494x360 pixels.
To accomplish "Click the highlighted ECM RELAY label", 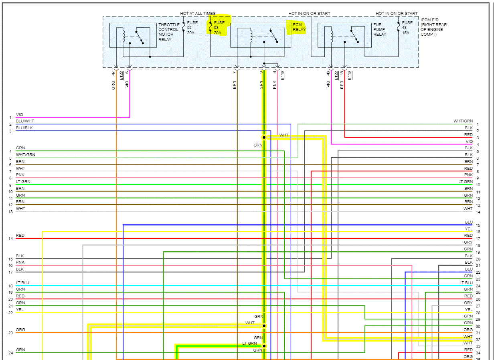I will (299, 27).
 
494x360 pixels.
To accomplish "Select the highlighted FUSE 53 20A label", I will (219, 28).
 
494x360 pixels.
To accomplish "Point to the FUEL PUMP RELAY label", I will (380, 30).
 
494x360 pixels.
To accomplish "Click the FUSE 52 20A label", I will (192, 28).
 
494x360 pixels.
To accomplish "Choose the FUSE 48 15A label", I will (407, 28).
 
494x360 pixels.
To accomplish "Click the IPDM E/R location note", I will (433, 27).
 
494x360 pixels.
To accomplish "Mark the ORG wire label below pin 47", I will (113, 85).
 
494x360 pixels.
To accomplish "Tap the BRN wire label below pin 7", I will (235, 85).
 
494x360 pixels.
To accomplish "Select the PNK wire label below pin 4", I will (275, 85).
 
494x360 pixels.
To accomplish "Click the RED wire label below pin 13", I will (342, 85).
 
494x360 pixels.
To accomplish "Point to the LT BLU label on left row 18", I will (22, 283).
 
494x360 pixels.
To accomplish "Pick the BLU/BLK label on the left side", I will (24, 128).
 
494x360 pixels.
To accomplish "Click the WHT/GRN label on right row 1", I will (463, 121).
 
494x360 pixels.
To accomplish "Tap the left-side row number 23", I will (10, 333).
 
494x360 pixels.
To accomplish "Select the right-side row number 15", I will (478, 226).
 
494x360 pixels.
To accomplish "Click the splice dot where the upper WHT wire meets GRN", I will (264, 137).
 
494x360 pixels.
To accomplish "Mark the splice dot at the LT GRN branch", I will (264, 346).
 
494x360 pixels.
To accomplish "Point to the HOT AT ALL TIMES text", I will (198, 14).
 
